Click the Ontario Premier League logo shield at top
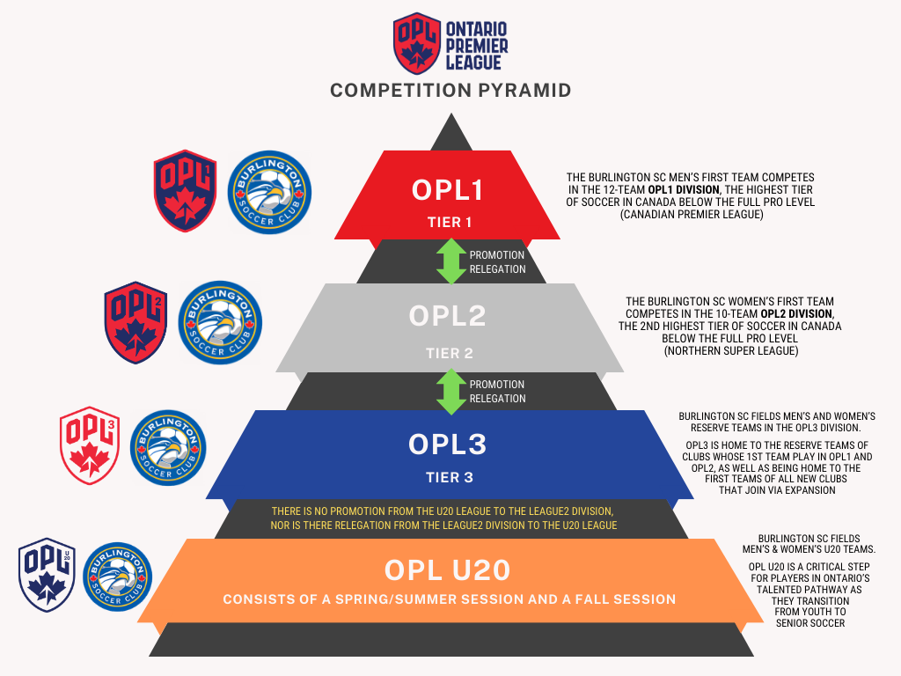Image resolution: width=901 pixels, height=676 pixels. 417,43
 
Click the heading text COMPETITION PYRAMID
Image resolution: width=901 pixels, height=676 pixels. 450,91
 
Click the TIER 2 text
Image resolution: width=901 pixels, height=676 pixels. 450,353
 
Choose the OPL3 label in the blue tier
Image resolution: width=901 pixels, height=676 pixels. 448,445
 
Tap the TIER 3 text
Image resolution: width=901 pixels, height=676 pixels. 450,478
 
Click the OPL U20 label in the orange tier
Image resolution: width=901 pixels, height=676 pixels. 448,570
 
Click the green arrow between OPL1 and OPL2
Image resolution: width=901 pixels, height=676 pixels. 451,261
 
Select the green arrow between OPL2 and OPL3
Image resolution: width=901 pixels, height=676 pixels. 451,391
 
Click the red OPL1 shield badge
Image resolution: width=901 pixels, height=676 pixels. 185,191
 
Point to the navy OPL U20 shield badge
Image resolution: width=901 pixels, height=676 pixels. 47,575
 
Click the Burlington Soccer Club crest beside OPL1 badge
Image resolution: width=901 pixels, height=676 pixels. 269,192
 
